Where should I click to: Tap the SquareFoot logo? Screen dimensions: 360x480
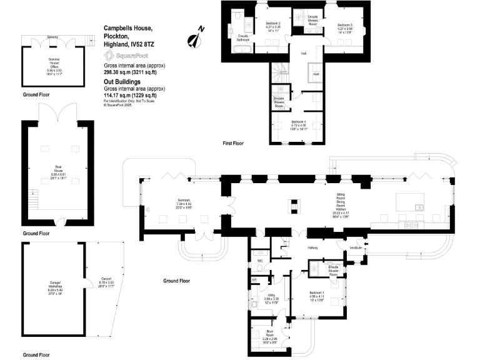click(125, 55)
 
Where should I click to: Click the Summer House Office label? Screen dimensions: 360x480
click(54, 61)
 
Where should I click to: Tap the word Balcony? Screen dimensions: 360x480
click(54, 37)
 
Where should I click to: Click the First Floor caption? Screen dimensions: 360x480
click(233, 144)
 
